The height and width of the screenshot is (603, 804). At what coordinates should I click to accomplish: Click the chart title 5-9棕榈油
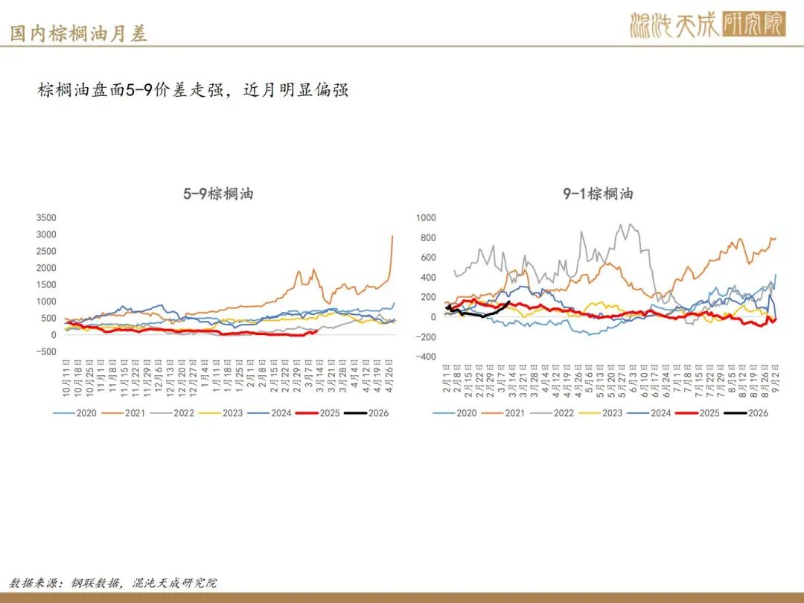pos(218,194)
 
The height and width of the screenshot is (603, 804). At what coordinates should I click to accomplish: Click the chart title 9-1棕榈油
pos(599,194)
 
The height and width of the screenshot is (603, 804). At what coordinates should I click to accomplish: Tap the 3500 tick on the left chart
pos(45,217)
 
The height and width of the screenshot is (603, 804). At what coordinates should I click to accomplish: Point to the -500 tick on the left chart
pos(45,351)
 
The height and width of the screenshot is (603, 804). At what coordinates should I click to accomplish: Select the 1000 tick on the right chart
pos(425,217)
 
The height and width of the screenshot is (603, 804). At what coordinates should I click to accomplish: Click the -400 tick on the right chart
pos(425,357)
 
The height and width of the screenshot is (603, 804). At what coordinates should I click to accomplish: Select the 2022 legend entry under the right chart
pos(558,412)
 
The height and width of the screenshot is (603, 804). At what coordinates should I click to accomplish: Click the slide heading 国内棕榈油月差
pos(78,33)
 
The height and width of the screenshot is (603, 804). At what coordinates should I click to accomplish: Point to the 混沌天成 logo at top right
pos(707,25)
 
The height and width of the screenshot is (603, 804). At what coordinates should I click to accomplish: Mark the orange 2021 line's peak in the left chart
pos(392,236)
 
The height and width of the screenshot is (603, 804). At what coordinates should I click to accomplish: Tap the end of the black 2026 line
pos(508,302)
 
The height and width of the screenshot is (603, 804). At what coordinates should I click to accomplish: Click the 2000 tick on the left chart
pos(45,268)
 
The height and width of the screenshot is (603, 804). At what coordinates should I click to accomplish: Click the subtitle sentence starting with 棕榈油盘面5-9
pos(194,91)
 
